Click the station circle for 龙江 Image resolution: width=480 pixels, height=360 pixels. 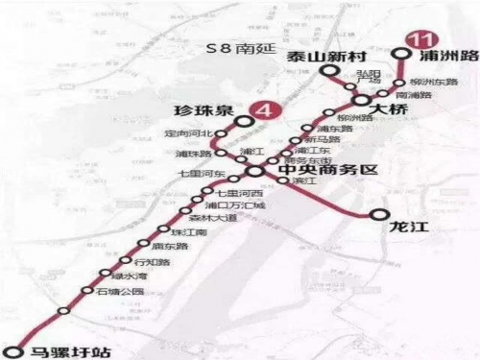tap(380, 217)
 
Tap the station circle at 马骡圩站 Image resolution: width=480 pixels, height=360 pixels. tap(12, 350)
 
